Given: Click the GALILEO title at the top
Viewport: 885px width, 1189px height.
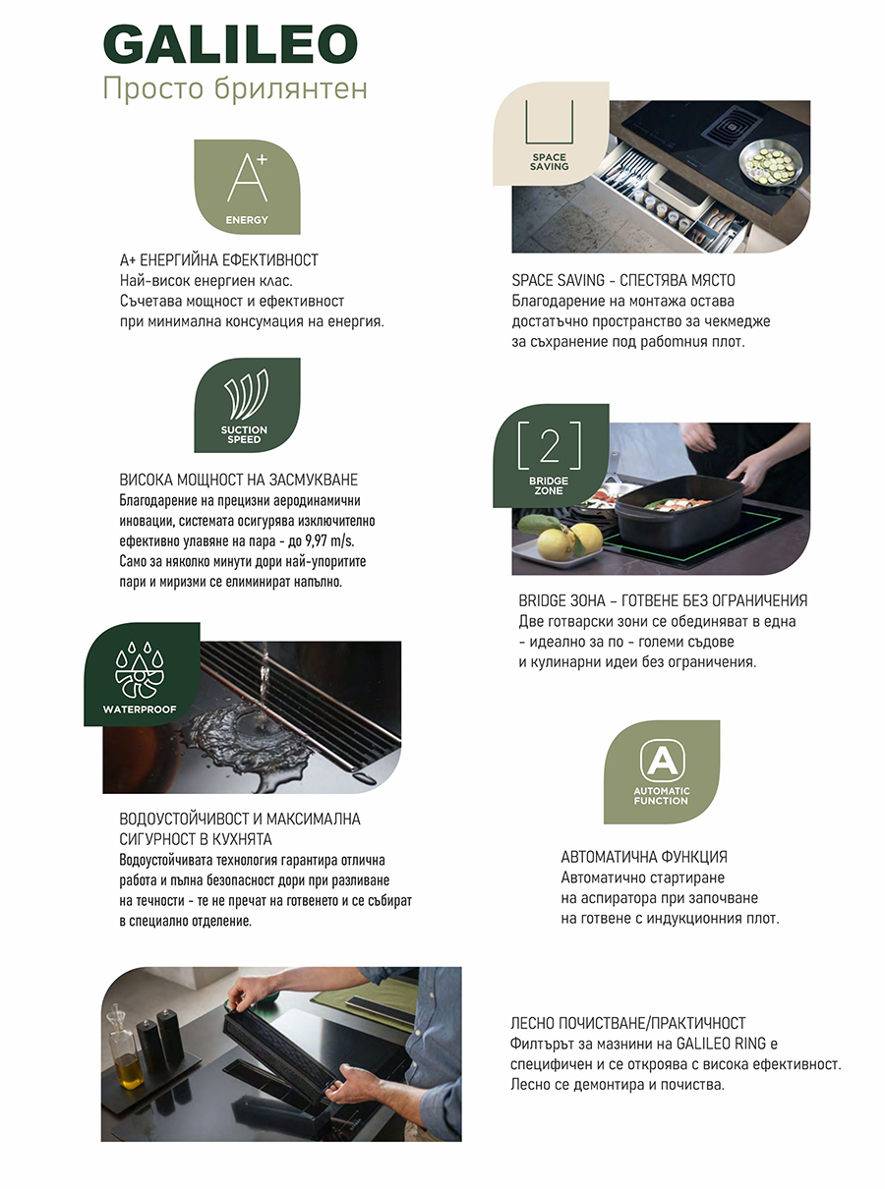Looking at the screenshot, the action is coord(230,44).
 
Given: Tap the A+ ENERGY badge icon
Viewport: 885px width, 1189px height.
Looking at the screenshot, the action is coord(247,187).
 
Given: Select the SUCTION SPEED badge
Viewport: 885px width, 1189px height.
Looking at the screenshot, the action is coord(247,405).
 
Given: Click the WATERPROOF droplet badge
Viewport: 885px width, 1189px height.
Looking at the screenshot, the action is coord(142,674).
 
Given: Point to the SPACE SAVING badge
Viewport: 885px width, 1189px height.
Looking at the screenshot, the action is coord(551,134).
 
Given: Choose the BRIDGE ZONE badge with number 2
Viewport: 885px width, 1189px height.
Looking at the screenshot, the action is coord(551,456).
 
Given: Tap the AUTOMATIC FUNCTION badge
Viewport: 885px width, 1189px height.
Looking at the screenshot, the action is coord(662,772).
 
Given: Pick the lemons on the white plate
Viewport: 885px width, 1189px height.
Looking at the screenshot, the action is coord(570,540).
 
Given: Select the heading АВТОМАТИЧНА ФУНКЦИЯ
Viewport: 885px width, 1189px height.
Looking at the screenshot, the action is coord(644,857).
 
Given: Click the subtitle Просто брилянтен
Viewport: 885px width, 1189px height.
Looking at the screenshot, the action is coord(235,88).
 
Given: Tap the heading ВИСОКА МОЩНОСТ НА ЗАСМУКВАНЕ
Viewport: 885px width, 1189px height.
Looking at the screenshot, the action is coord(238,480).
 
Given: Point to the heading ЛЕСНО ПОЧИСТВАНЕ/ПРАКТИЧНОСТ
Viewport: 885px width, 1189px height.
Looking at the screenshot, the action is coord(628,1023).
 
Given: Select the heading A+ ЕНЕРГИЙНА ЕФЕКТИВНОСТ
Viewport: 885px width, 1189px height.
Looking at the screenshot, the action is coord(219,260).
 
